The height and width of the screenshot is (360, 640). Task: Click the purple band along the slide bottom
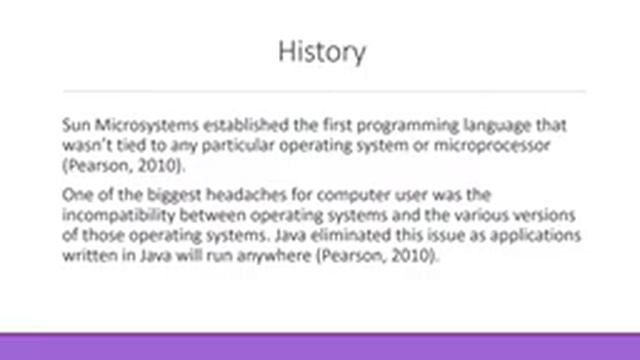point(320,346)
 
